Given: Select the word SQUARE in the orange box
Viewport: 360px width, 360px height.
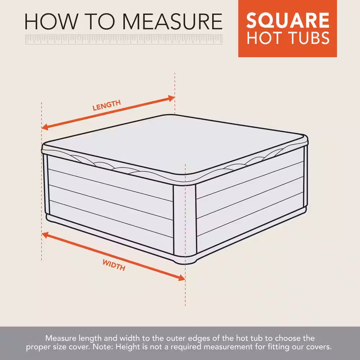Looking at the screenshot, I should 288,21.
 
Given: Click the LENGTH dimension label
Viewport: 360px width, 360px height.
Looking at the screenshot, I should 107,105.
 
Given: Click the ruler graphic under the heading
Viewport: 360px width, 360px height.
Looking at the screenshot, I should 124,39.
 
